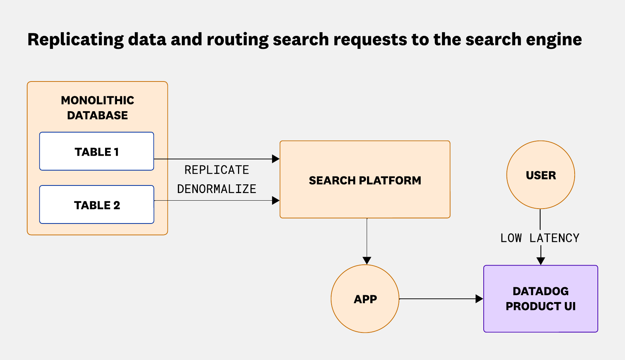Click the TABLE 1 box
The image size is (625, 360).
(96, 151)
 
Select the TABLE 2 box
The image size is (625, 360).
(96, 205)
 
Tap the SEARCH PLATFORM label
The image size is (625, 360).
(365, 180)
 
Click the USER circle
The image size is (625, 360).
(541, 175)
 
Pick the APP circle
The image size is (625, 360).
(365, 299)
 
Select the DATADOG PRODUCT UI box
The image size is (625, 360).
(541, 299)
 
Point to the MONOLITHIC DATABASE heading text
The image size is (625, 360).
(97, 108)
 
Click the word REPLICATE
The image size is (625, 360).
(217, 170)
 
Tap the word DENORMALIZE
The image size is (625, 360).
(217, 189)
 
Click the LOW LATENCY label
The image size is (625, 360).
(540, 238)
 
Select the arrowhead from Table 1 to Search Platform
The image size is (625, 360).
(276, 159)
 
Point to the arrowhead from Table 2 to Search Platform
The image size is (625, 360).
(276, 200)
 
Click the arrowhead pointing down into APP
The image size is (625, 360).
(367, 260)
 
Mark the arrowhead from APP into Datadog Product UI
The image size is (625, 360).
(479, 299)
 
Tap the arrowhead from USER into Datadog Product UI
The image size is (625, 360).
(541, 261)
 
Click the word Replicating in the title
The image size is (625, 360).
(75, 39)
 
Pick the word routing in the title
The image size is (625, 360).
(238, 39)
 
